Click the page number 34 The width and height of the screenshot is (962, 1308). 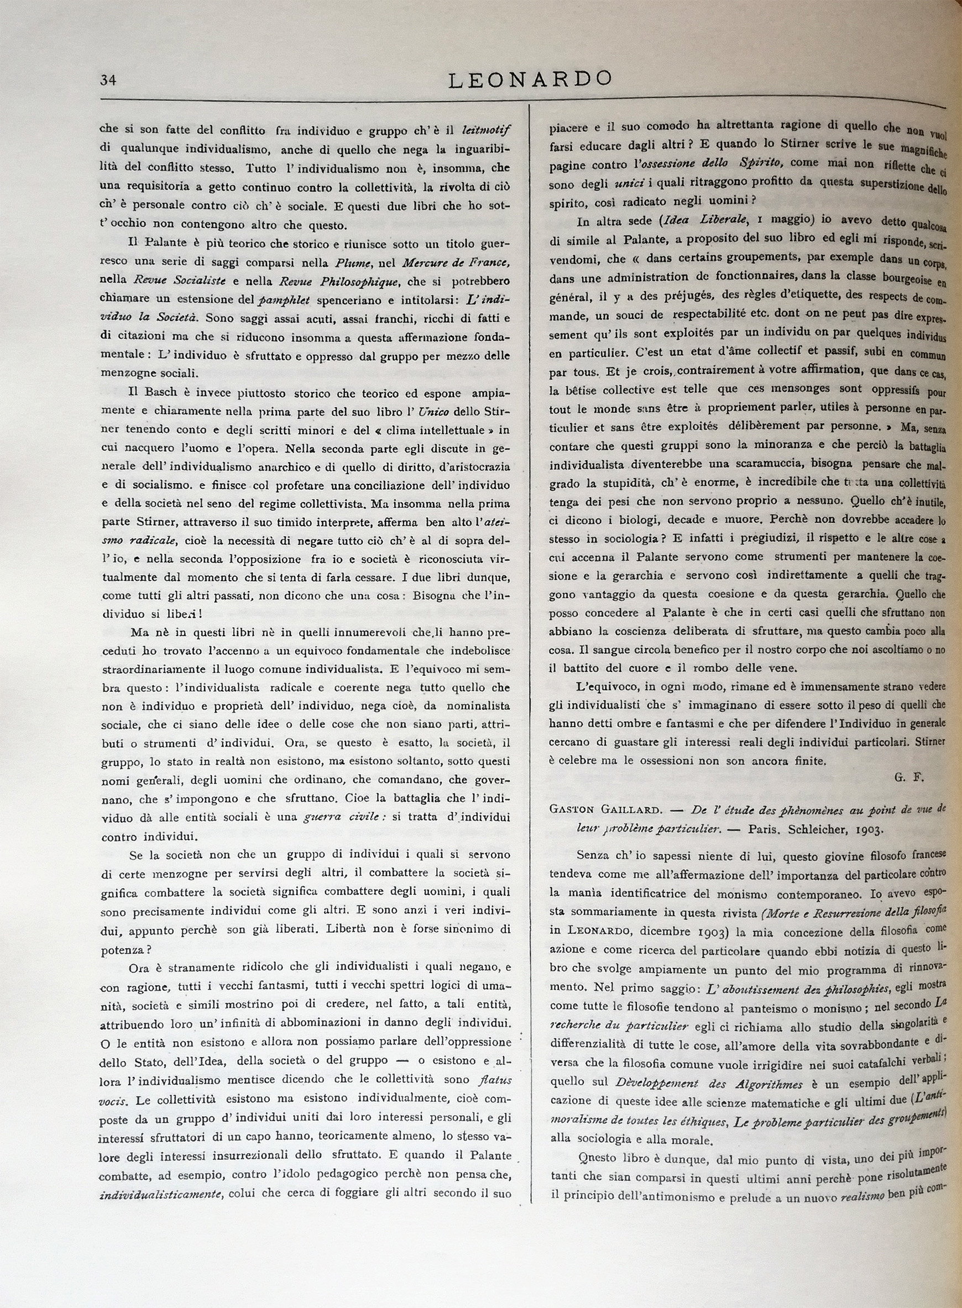click(x=108, y=80)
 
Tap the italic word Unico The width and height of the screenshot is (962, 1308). click(x=433, y=412)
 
